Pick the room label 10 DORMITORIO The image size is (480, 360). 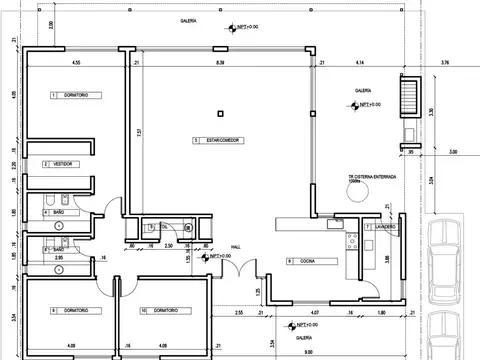point(160,310)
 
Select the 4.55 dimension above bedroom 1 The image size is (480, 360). point(75,63)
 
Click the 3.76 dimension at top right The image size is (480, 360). point(445,63)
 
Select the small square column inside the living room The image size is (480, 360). point(217,111)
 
